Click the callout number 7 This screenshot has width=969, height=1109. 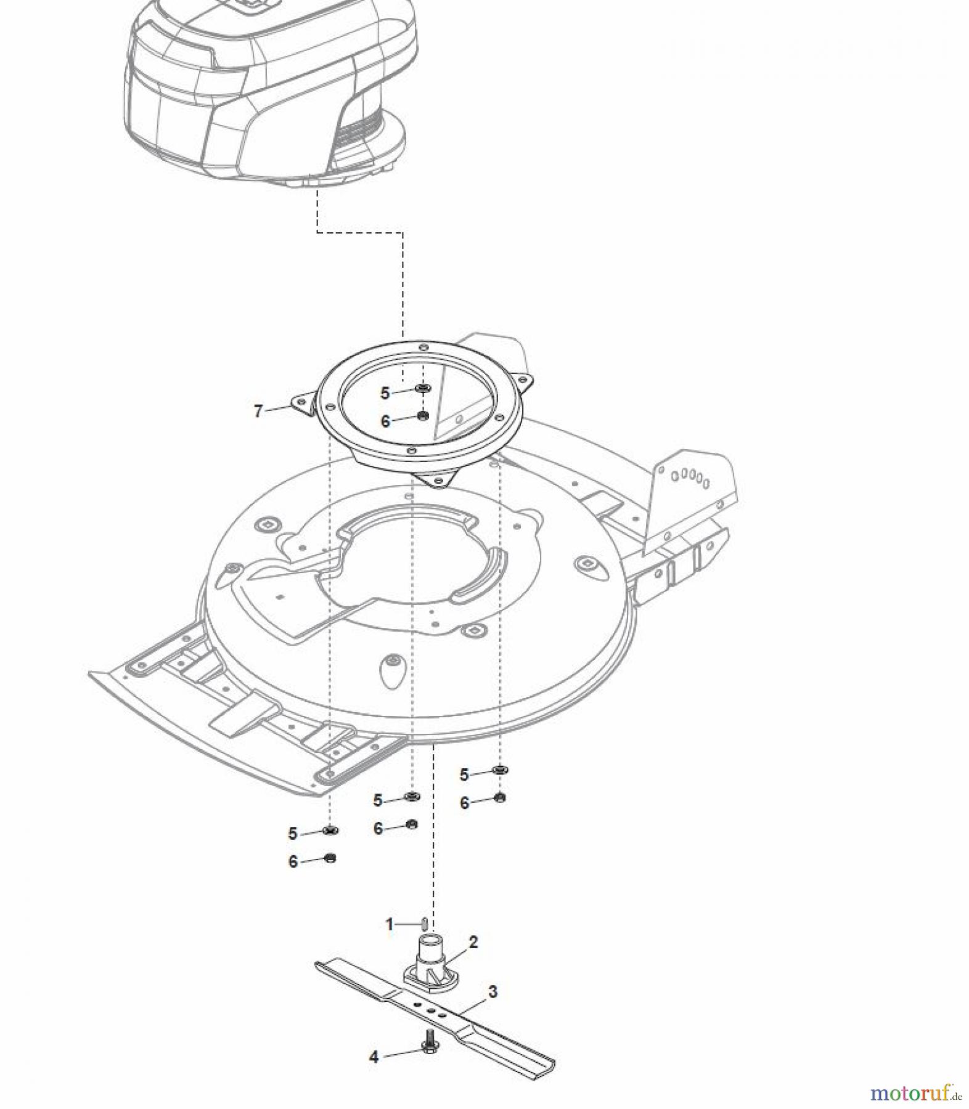click(258, 410)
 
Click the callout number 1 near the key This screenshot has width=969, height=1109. click(389, 924)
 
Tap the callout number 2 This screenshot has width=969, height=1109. click(473, 941)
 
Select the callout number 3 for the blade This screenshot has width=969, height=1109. click(492, 992)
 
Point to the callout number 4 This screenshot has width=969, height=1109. click(374, 1057)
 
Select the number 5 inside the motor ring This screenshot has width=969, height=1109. click(385, 393)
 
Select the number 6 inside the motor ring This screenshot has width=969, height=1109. click(385, 421)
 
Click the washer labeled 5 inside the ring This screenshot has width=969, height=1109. click(423, 388)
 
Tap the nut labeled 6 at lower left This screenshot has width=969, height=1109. click(330, 858)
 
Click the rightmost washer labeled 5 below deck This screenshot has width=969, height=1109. click(499, 770)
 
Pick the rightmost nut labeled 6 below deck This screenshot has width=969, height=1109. click(500, 798)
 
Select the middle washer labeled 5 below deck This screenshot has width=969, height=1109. click(411, 797)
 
